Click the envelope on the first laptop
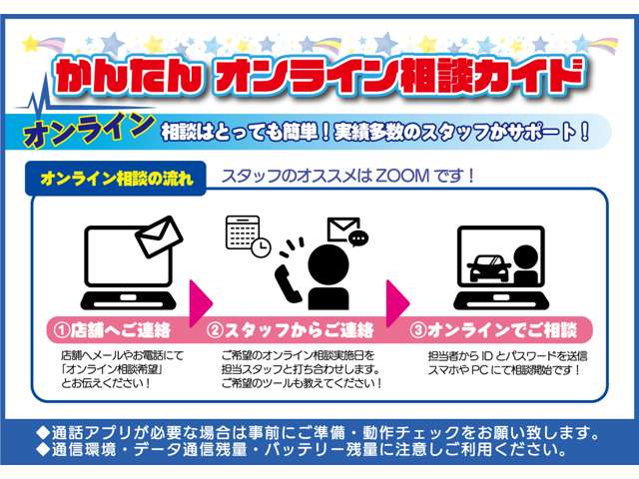pos(159,237)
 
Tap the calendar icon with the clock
pos(248,237)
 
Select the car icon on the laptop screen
pos(488,268)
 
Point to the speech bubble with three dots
pos(358,239)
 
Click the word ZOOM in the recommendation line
pos(402,176)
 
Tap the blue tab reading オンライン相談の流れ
pos(116,179)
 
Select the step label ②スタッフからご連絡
pos(290,330)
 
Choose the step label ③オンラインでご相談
pos(493,330)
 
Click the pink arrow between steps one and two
pos(201,302)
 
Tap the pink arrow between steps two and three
pos(397,302)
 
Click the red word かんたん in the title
pos(129,77)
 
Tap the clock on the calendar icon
pos(261,246)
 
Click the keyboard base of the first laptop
pos(128,300)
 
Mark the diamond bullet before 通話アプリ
pos(42,432)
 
